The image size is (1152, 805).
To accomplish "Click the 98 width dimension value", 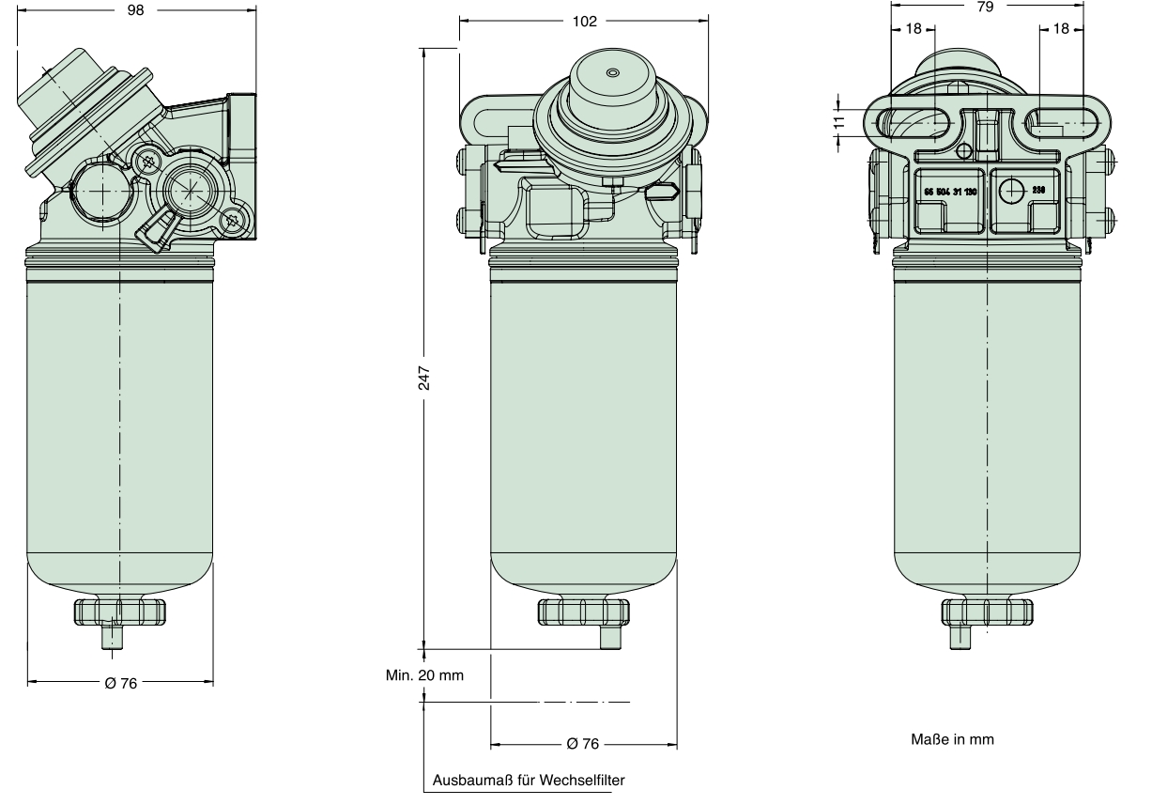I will pyautogui.click(x=137, y=11).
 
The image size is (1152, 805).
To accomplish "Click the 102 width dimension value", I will pyautogui.click(x=584, y=22).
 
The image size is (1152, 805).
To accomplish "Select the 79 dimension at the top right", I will pyautogui.click(x=985, y=6).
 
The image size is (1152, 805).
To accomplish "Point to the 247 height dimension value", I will pyautogui.click(x=423, y=377).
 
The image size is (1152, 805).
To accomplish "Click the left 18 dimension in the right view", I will pyautogui.click(x=913, y=29).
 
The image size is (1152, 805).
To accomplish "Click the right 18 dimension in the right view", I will pyautogui.click(x=1061, y=29).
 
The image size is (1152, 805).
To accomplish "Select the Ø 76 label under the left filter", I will pyautogui.click(x=121, y=683).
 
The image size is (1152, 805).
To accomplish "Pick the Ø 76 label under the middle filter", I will pyautogui.click(x=583, y=744).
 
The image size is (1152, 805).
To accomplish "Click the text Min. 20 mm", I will pyautogui.click(x=423, y=674).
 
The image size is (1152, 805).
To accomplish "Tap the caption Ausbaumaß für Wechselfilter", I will pyautogui.click(x=527, y=781).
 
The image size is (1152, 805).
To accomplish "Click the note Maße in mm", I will pyautogui.click(x=951, y=739).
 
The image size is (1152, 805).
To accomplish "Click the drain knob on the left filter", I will pyautogui.click(x=119, y=612).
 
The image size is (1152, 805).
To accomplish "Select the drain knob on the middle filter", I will pyautogui.click(x=583, y=611).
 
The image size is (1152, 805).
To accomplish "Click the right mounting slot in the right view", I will pyautogui.click(x=1062, y=120).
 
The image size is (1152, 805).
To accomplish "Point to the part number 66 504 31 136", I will pyautogui.click(x=950, y=191).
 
